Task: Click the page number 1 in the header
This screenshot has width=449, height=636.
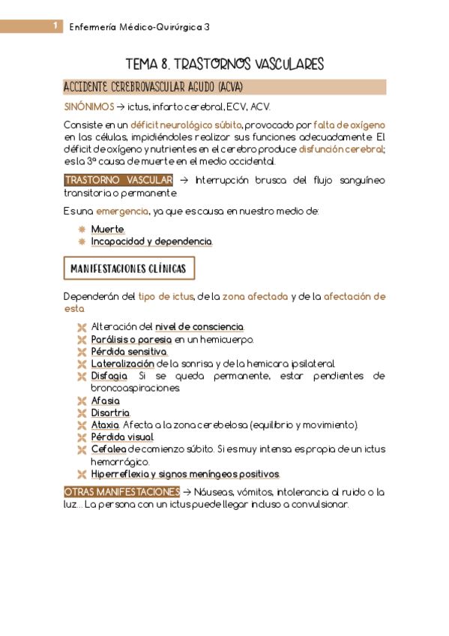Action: coord(55,26)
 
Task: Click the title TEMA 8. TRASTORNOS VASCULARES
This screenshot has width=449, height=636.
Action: coord(224,64)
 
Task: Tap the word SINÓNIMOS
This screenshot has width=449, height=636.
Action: coord(89,107)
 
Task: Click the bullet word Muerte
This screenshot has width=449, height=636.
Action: coord(108,229)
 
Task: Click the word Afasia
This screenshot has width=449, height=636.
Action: coord(106,401)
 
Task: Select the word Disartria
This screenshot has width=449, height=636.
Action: coord(110,413)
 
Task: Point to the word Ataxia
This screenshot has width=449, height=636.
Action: coord(106,425)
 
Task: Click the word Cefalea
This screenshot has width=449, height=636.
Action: coord(109,449)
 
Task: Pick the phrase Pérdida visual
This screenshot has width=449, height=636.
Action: coord(122,437)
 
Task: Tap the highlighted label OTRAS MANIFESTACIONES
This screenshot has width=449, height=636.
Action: coord(118,492)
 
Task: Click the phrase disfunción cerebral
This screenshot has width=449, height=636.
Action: coord(341,148)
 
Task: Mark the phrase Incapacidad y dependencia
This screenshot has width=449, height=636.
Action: coord(151,241)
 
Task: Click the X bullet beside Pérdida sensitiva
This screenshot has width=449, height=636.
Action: coord(82,352)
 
